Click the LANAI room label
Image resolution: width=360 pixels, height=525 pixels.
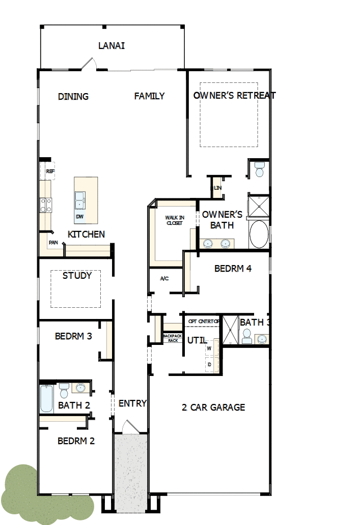pos(112,46)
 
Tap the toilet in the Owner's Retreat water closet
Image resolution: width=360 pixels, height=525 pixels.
pos(260,169)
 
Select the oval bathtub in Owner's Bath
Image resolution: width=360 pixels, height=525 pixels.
pos(259,234)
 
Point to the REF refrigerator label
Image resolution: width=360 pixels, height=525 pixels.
pos(50,171)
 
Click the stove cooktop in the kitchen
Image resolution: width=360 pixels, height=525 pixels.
pos(46,205)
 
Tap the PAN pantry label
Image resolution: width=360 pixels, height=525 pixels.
pos(52,243)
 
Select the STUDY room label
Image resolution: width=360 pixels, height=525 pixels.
pos(77,276)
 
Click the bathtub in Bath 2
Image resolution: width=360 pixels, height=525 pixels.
pos(46,399)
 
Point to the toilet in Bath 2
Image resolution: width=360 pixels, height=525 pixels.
pos(64,390)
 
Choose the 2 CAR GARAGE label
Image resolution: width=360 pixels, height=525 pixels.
pos(213,407)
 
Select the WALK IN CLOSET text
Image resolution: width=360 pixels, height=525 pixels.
pos(174,220)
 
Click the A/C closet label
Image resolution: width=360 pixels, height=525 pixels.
pos(164,278)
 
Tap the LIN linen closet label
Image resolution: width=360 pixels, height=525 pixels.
pos(218,188)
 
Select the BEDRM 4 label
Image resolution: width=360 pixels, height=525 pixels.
pos(233,269)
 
